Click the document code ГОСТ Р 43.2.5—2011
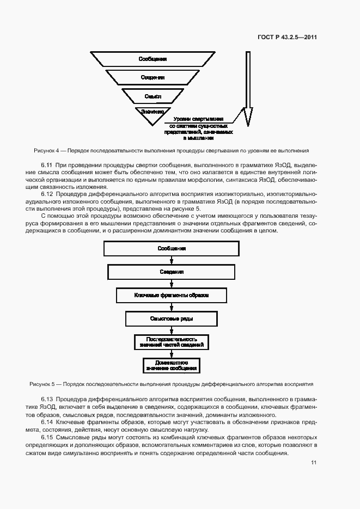click(287, 38)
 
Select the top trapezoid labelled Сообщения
click(152, 59)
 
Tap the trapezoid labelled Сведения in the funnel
click(152, 77)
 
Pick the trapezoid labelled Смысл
click(152, 96)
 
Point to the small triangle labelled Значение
click(152, 112)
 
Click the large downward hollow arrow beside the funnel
click(248, 87)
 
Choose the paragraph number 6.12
click(47, 193)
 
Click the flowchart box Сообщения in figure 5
click(172, 248)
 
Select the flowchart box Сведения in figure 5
click(172, 272)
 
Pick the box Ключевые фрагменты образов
click(172, 295)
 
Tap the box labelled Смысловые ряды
click(172, 318)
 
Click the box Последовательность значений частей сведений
click(172, 342)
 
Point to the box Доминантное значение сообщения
click(172, 365)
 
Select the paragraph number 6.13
click(47, 399)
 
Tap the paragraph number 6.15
click(47, 437)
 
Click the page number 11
click(314, 463)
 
